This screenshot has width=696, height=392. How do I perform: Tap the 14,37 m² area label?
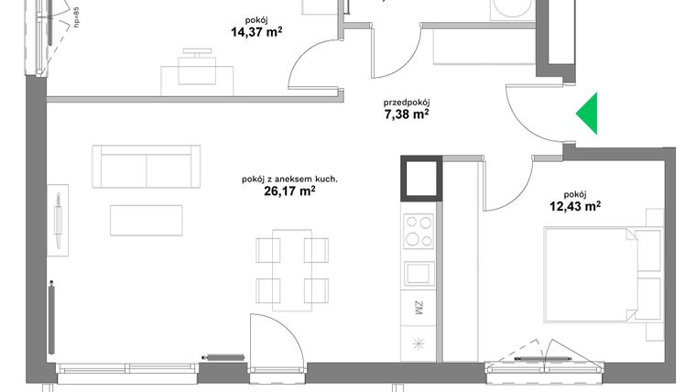256,34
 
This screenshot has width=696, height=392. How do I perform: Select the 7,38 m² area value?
407,114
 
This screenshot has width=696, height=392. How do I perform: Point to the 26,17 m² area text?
288,191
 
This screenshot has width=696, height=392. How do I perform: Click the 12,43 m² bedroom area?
574,206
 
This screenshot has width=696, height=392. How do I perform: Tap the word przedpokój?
407,102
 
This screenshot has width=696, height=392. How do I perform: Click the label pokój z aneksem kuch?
288,179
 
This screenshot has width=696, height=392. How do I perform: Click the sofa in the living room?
146,167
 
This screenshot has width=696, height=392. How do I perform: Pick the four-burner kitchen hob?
419,231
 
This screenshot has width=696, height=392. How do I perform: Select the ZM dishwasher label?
418,308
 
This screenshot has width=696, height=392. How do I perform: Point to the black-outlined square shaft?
420,178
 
